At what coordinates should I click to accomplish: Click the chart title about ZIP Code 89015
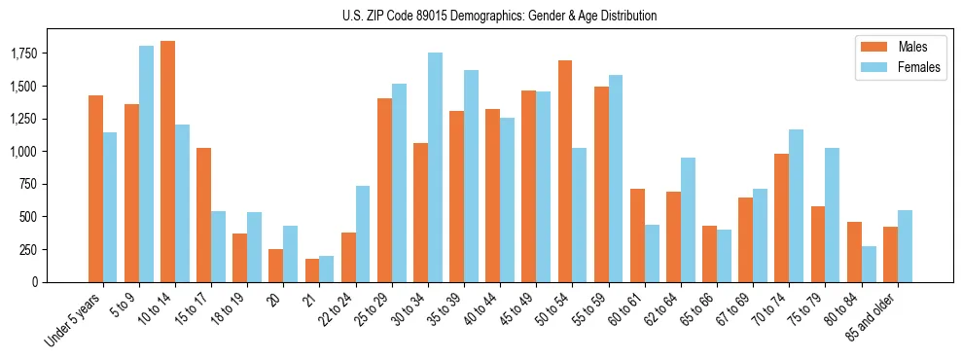499,16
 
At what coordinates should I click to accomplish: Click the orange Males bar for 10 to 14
167,162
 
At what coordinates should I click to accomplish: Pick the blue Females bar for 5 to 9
146,163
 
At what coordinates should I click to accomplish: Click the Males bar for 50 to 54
565,171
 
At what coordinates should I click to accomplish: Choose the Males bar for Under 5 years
95,189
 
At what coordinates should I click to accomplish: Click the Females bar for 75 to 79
833,215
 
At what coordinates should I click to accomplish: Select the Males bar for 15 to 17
203,215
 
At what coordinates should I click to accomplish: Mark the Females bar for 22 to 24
363,234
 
